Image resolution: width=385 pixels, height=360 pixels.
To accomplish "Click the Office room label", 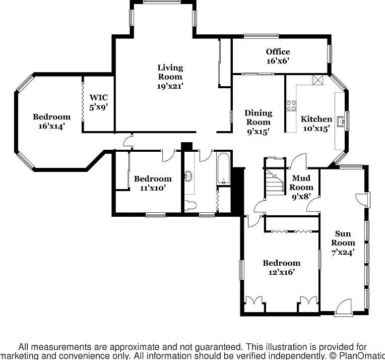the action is tap(278, 51).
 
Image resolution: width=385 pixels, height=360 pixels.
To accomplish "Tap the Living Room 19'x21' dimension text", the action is tap(170, 86).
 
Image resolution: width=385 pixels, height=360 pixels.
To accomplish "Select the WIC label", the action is tap(98, 97).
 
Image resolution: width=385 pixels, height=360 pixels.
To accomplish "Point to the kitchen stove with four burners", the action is tap(291, 106).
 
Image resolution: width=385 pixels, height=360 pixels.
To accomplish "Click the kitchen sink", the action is tap(341, 121).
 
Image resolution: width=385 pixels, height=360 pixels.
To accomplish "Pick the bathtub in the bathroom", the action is tap(223, 168).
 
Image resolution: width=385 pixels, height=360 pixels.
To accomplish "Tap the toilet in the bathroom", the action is tap(190, 205).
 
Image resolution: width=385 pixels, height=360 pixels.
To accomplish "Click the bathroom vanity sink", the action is tap(188, 176).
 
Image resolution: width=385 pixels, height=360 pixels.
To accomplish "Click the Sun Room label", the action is tap(343, 238).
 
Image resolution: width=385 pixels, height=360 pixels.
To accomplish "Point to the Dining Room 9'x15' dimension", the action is tap(259, 132).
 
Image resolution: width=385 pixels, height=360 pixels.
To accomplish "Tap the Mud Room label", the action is tap(301, 183).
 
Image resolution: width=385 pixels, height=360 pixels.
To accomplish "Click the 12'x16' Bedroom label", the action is tap(281, 267).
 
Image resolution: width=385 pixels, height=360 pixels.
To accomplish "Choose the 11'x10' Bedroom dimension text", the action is tap(153, 188).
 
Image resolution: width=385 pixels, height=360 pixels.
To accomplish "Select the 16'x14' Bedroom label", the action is tap(51, 122).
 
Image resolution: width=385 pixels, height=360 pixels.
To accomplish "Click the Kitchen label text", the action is tap(316, 119).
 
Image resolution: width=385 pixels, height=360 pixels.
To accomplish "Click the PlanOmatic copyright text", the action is tap(356, 355).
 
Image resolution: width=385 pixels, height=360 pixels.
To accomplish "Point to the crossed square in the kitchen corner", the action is tap(317, 80).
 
